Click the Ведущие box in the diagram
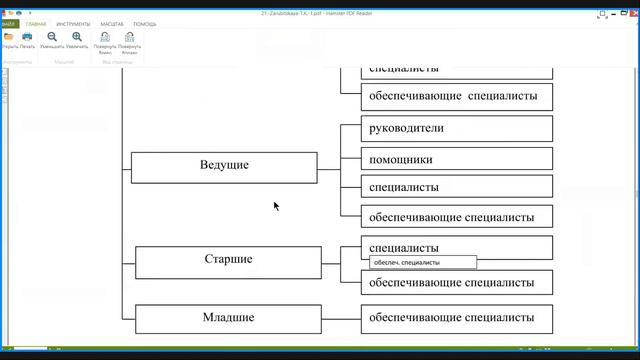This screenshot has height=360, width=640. pyautogui.click(x=224, y=167)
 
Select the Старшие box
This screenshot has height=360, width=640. pyautogui.click(x=228, y=261)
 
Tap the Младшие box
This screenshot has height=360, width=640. pyautogui.click(x=228, y=319)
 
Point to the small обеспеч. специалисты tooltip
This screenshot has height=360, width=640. pyautogui.click(x=422, y=263)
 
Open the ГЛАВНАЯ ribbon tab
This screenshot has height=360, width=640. pyautogui.click(x=36, y=23)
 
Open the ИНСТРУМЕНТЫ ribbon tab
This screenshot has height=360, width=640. pyautogui.click(x=73, y=23)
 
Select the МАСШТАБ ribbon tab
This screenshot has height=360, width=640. pyautogui.click(x=112, y=23)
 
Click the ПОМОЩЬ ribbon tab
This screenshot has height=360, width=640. pyautogui.click(x=145, y=23)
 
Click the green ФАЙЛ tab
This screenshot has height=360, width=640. pyautogui.click(x=9, y=23)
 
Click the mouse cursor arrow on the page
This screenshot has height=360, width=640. pyautogui.click(x=275, y=205)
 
